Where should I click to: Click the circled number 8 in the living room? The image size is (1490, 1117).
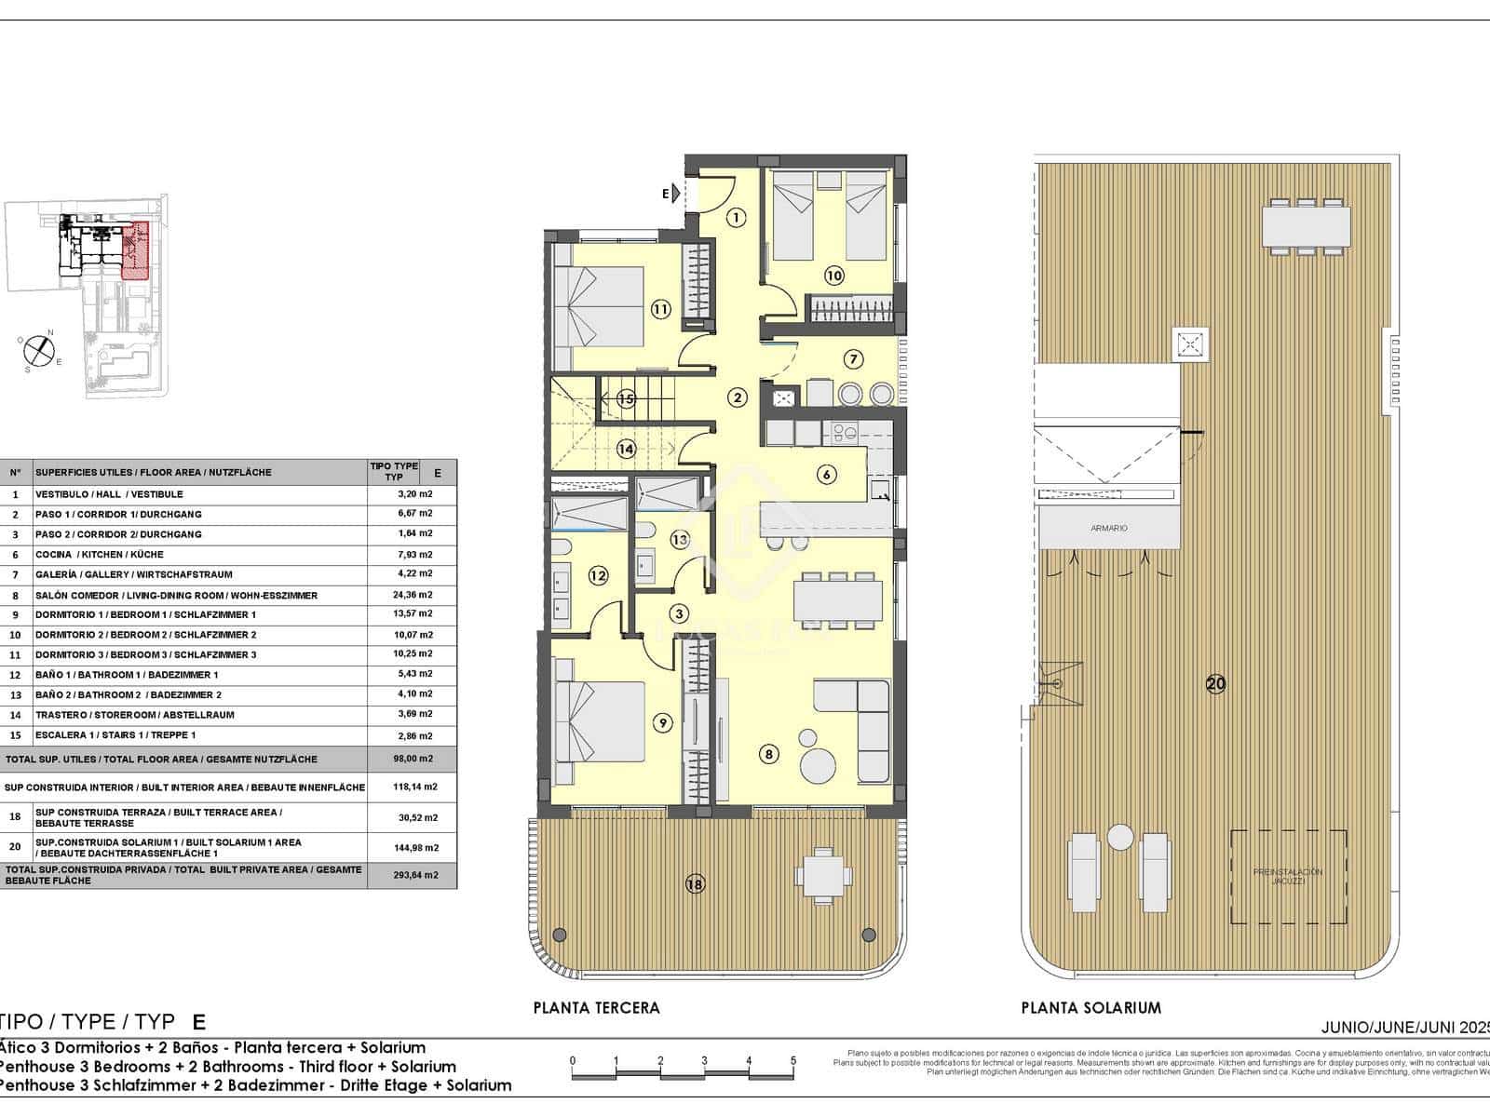tap(769, 754)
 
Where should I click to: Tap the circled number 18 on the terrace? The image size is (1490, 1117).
tap(695, 884)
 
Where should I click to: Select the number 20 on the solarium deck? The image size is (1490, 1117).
tap(1215, 684)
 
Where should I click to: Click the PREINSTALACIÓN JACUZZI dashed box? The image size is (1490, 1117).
tap(1287, 877)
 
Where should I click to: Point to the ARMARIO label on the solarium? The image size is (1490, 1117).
tap(1108, 528)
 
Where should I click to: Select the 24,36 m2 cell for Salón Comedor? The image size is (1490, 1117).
tap(414, 595)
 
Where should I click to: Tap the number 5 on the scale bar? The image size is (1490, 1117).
tap(792, 1061)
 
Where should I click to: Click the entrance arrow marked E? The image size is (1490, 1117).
tap(672, 194)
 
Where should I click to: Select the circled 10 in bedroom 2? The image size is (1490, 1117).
tap(833, 276)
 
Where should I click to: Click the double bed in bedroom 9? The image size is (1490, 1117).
tap(600, 721)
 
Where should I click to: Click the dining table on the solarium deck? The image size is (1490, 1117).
tap(1306, 225)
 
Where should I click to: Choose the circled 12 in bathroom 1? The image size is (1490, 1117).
tap(598, 576)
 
